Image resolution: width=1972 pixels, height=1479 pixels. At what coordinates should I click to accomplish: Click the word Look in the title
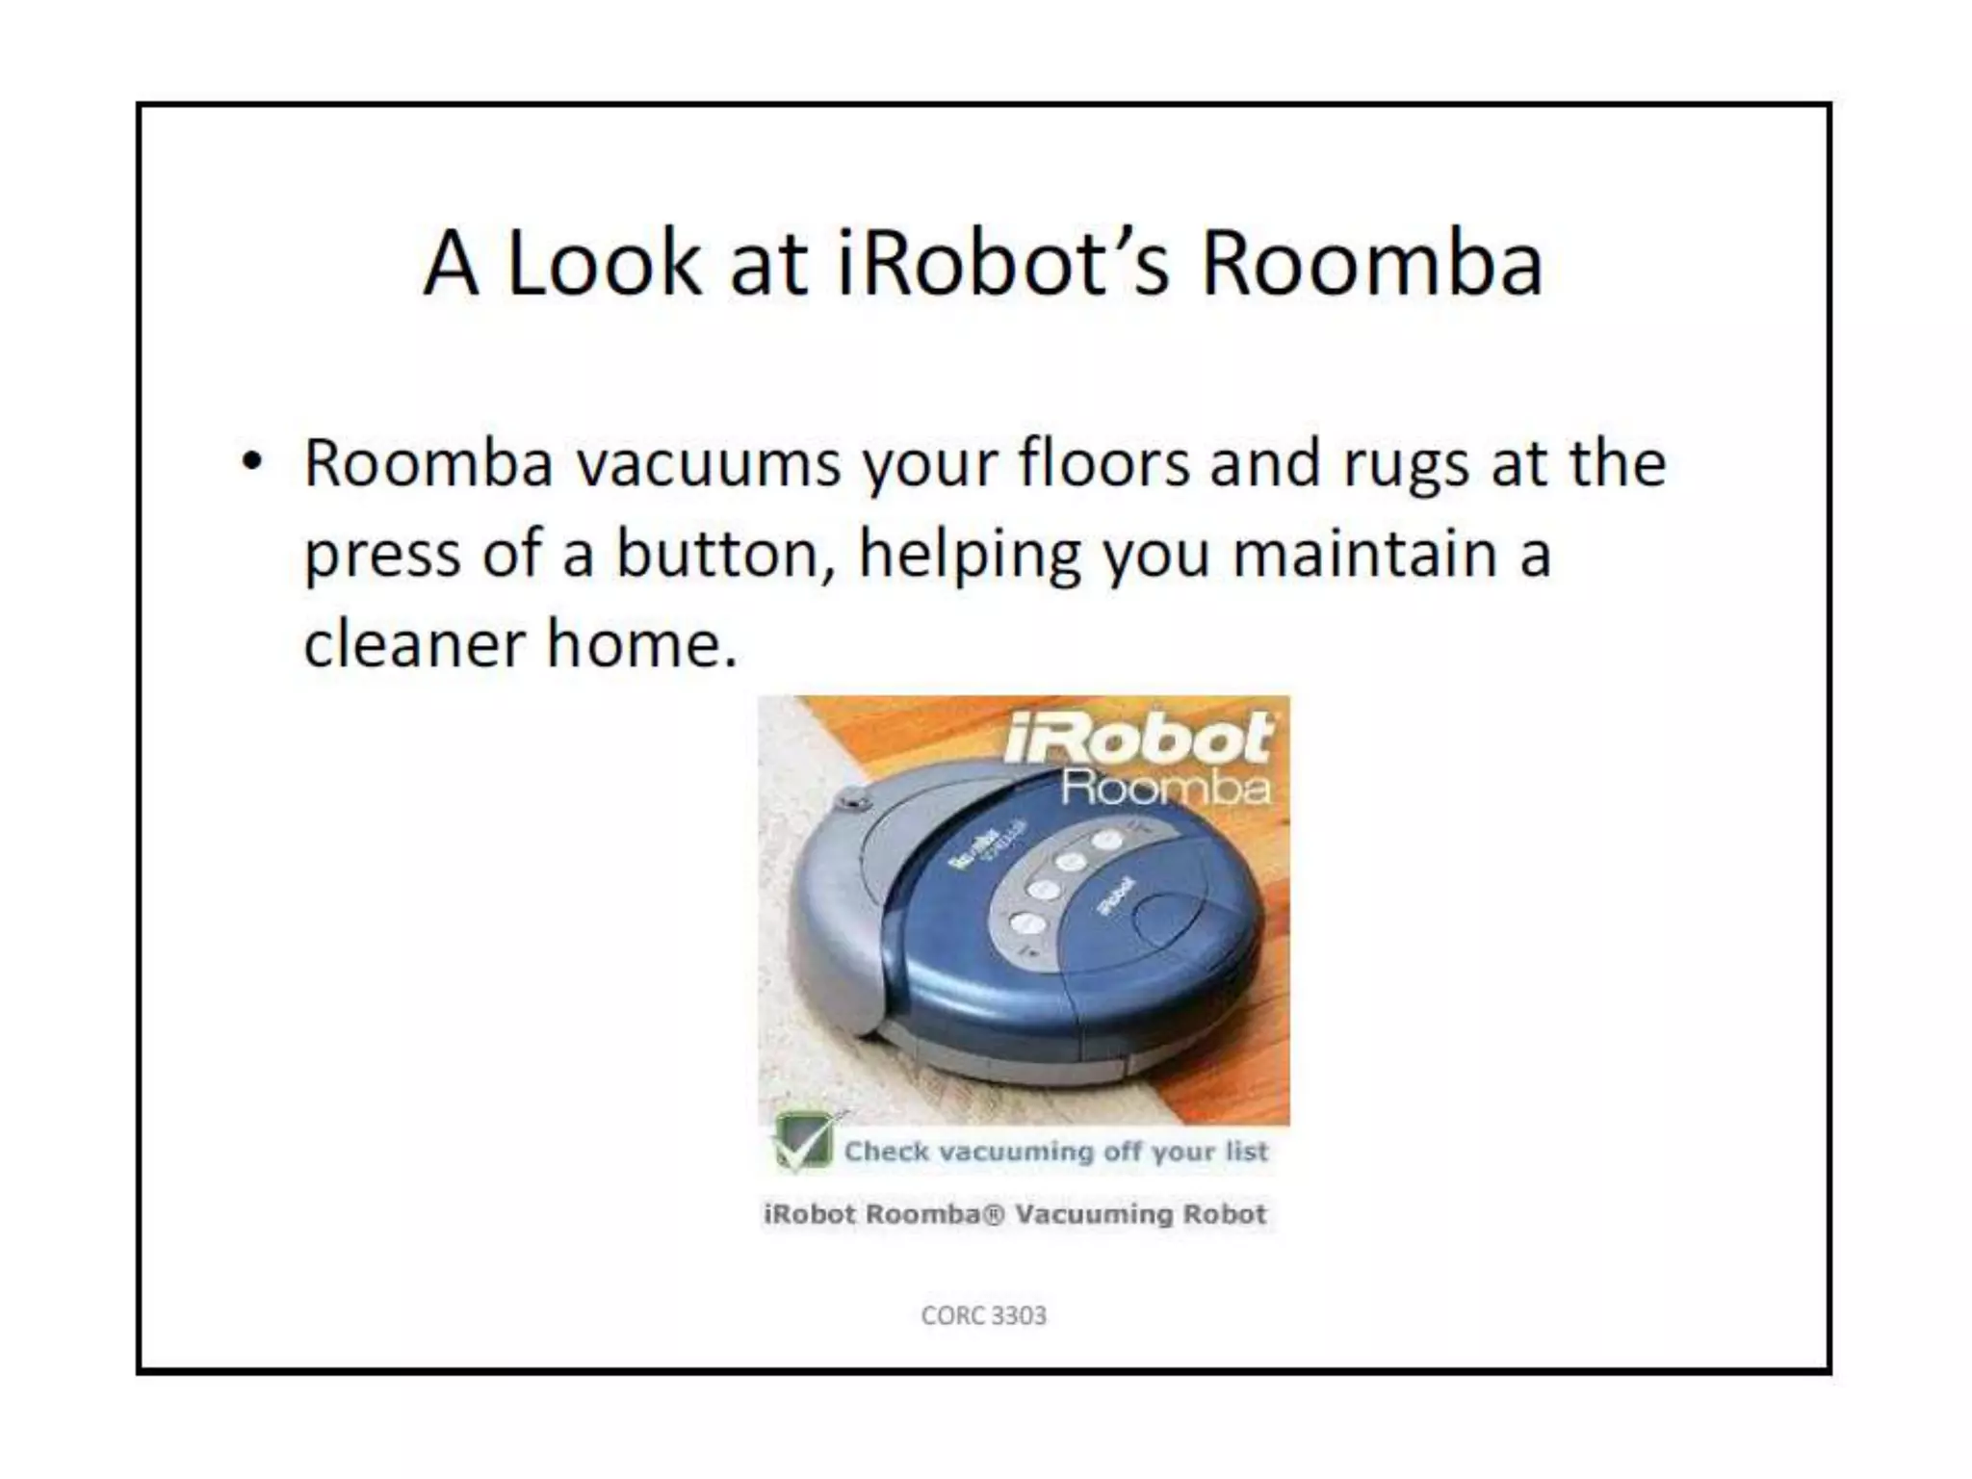coord(604,263)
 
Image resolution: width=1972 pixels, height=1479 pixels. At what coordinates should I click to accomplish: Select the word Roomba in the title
coord(1372,263)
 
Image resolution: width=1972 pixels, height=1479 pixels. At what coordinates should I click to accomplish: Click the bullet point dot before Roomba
coord(252,462)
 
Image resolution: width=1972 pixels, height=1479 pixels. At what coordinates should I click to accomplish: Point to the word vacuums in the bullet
coord(709,464)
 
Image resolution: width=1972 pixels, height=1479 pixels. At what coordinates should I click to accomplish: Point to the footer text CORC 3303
coord(983,1315)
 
